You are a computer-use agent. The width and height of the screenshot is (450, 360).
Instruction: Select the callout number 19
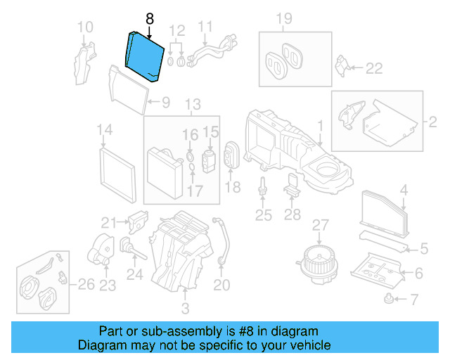click(x=283, y=18)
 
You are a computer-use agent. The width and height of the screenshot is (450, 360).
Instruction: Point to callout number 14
click(x=104, y=130)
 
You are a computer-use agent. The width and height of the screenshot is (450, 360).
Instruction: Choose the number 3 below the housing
click(x=185, y=308)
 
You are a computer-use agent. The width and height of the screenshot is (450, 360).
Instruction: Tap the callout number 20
click(x=221, y=285)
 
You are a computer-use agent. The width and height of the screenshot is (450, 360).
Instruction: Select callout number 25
click(x=263, y=215)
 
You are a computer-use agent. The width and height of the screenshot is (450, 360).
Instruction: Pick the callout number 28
click(x=292, y=215)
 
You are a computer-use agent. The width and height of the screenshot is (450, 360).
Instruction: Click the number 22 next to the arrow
click(x=373, y=68)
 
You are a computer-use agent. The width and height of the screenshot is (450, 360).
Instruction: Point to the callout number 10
click(x=84, y=28)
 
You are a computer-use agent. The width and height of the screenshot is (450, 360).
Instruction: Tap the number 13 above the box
click(x=192, y=105)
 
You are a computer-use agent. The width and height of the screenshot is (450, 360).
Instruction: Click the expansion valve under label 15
click(x=208, y=158)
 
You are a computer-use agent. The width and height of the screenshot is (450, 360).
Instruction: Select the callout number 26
click(x=85, y=285)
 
